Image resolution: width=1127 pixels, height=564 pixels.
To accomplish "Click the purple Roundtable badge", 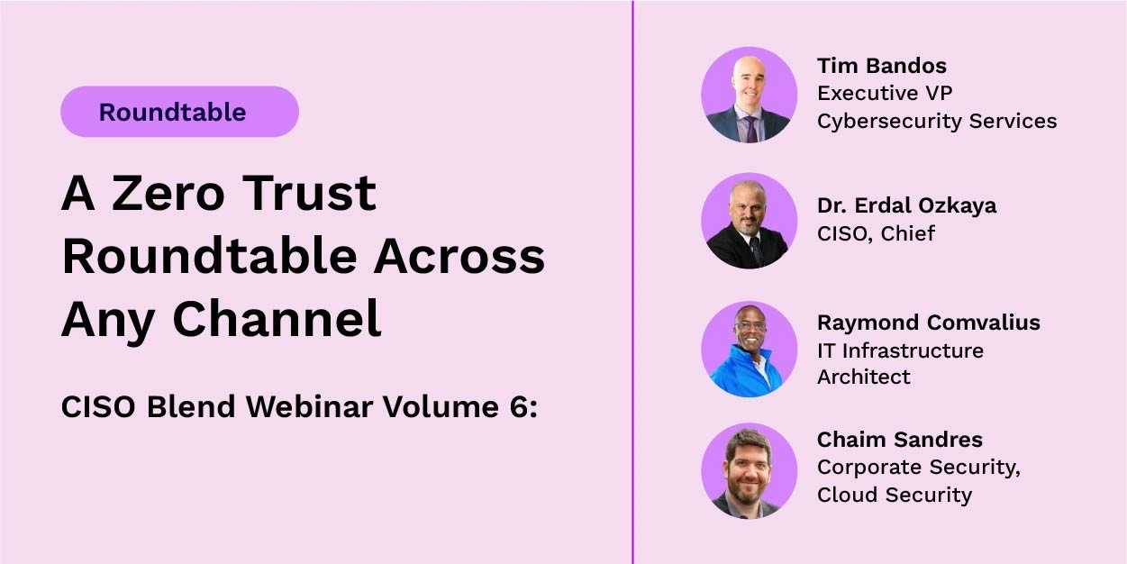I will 179,112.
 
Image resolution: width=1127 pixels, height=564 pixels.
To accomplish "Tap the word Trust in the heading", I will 311,193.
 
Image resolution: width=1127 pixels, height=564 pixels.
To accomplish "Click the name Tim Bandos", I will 881,66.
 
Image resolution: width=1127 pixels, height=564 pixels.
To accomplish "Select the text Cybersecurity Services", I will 937,121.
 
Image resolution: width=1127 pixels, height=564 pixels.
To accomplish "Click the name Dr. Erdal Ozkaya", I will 906,205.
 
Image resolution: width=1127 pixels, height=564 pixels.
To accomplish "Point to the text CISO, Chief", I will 876,233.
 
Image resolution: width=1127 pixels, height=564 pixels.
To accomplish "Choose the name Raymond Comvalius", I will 928,323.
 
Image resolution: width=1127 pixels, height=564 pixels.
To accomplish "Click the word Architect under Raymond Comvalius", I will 863,377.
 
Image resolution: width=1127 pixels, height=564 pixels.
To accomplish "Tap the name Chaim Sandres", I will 899,440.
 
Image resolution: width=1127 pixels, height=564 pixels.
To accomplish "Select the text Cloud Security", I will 894,495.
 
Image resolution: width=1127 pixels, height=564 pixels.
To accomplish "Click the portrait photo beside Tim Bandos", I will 749,96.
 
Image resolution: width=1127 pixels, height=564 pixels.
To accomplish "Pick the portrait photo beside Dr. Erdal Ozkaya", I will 749,221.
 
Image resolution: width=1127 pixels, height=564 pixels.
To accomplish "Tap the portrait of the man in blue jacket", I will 749,349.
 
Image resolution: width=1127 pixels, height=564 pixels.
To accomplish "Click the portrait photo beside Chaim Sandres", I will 749,470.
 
